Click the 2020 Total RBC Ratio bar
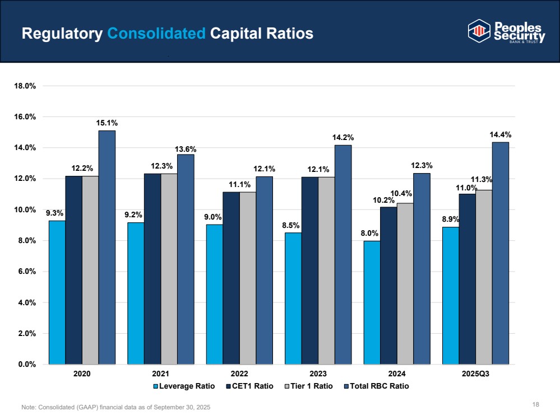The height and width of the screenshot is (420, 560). tap(107, 248)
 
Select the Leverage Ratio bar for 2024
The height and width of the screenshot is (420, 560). tap(372, 302)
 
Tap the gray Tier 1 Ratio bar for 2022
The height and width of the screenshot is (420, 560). tap(248, 278)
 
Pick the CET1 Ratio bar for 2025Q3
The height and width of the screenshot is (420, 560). tap(467, 279)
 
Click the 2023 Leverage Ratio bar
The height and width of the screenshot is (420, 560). tap(293, 298)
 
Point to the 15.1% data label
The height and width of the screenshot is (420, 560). tap(107, 123)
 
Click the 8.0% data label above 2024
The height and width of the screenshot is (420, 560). tap(369, 234)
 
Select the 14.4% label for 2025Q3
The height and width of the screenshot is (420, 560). tap(501, 135)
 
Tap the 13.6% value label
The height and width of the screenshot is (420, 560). tap(186, 149)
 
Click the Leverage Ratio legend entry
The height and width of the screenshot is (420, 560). tap(184, 386)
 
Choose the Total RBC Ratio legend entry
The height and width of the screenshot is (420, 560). tap(376, 386)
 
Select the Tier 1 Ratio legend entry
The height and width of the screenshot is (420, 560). tap(308, 386)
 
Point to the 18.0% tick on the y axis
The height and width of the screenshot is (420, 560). tap(25, 86)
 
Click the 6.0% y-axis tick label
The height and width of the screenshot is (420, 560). tap(27, 272)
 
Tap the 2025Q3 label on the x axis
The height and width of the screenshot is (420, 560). tap(475, 374)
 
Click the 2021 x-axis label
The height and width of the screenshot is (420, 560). tap(161, 374)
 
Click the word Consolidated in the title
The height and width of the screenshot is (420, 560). tap(156, 34)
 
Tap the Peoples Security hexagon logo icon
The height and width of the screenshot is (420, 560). tap(479, 31)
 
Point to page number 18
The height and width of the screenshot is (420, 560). tap(536, 404)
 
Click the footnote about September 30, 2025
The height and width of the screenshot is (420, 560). tap(115, 407)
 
